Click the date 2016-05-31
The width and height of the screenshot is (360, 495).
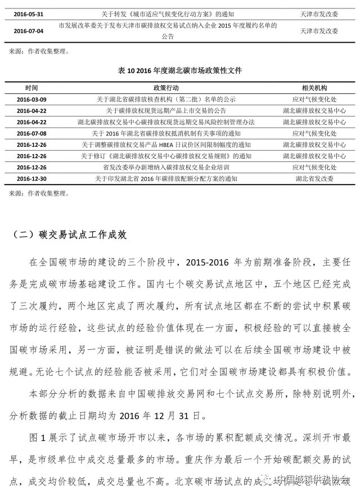click(28, 13)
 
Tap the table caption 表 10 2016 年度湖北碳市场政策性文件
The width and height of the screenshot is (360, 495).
click(180, 70)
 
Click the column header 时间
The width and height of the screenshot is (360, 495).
click(31, 88)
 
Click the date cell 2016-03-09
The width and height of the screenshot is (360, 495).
click(31, 100)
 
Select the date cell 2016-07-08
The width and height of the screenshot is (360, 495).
click(31, 133)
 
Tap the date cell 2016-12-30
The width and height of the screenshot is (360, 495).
click(31, 178)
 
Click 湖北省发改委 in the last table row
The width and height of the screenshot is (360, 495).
click(314, 178)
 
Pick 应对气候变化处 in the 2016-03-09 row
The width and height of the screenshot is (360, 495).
click(314, 100)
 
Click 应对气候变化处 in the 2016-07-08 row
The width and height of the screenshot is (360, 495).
click(314, 133)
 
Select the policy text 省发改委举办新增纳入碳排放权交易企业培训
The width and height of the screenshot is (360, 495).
click(166, 167)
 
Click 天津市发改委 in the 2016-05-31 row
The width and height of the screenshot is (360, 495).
click(314, 13)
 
